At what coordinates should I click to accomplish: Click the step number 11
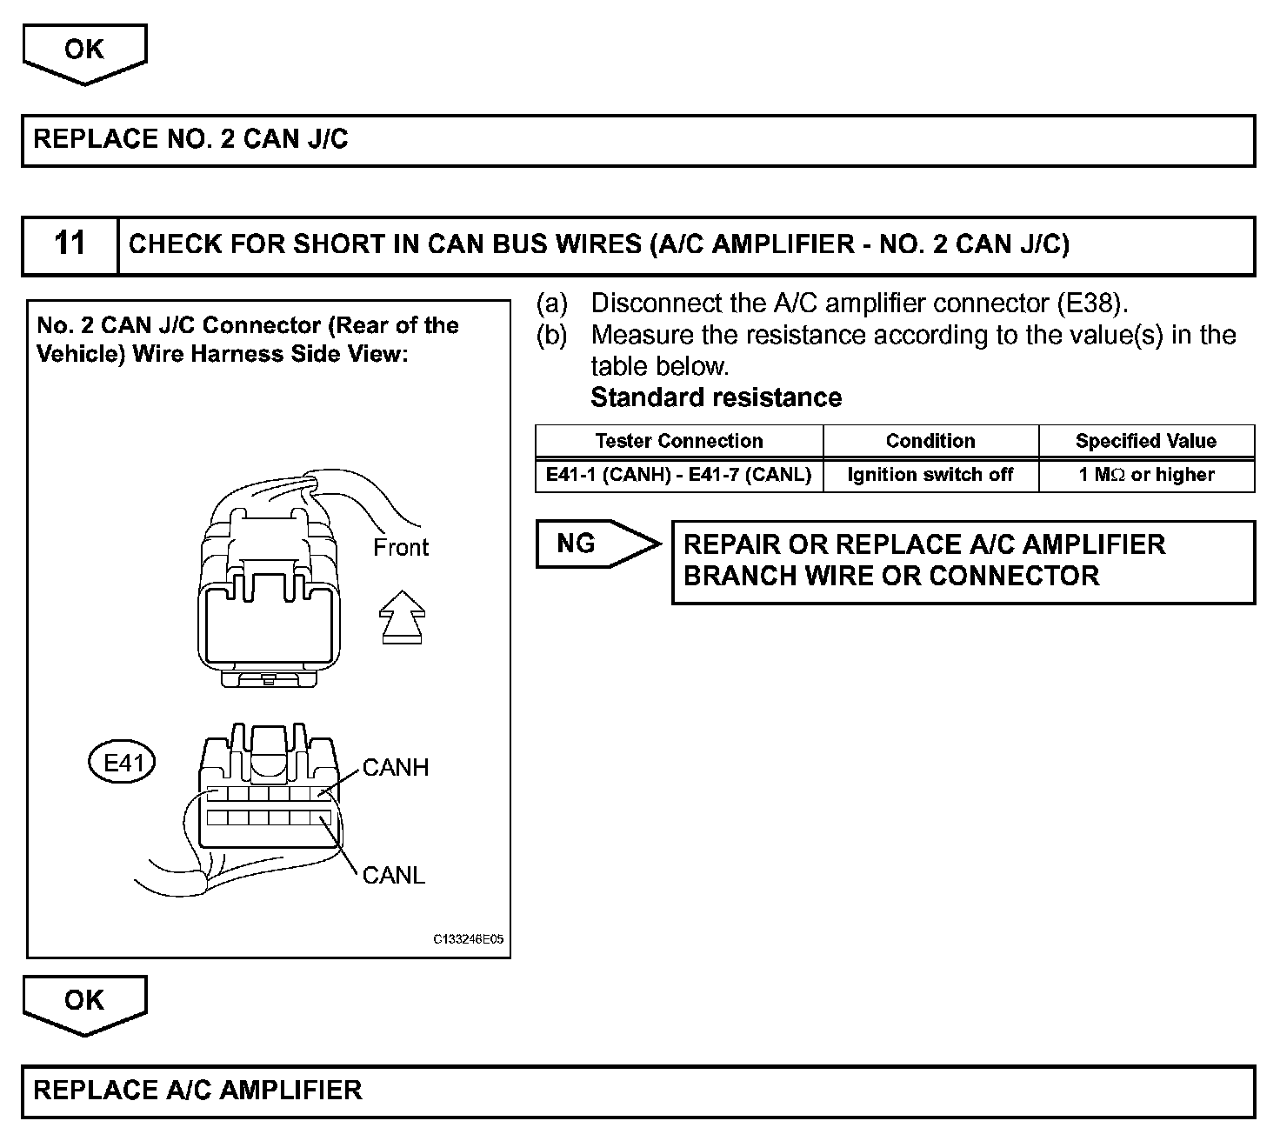click(x=70, y=244)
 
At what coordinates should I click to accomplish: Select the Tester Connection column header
click(x=678, y=441)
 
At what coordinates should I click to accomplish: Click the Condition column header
click(x=930, y=441)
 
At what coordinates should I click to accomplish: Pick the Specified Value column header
click(x=1146, y=441)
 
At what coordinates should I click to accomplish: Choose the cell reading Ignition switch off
click(x=930, y=475)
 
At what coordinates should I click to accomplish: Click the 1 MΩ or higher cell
click(x=1146, y=475)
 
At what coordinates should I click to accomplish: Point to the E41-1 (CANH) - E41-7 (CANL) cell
click(x=678, y=475)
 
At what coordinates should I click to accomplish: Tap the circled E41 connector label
click(x=123, y=764)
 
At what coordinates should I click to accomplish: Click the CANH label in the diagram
click(x=396, y=768)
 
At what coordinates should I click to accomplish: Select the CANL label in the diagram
click(x=394, y=875)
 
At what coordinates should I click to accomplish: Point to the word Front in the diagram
click(x=401, y=548)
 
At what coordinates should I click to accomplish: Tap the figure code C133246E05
click(x=468, y=940)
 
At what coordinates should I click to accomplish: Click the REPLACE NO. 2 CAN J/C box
click(x=638, y=140)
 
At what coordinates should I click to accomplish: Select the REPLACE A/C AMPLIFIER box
click(x=638, y=1091)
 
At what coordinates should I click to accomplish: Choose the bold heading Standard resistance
click(x=716, y=398)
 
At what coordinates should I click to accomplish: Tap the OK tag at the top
click(x=84, y=50)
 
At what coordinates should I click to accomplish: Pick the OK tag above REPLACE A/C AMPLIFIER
click(x=84, y=1001)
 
